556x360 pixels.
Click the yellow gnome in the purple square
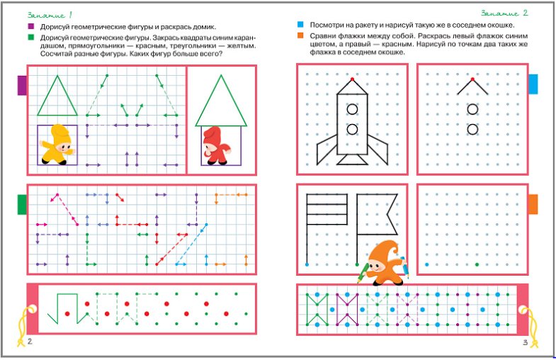click(x=57, y=145)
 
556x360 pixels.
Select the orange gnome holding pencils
click(x=385, y=263)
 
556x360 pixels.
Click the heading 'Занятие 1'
click(x=50, y=15)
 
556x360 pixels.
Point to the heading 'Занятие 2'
click(x=504, y=13)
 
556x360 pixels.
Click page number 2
click(x=30, y=341)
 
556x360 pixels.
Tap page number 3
click(x=525, y=342)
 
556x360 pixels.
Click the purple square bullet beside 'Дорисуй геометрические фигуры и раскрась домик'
click(x=31, y=26)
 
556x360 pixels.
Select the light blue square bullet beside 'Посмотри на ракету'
click(x=300, y=25)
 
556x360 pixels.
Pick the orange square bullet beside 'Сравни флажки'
click(x=300, y=35)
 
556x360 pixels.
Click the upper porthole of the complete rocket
click(x=352, y=109)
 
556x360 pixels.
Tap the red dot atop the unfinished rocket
click(x=472, y=79)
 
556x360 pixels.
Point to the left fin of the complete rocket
click(x=327, y=151)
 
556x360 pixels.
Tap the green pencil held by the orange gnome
click(x=363, y=274)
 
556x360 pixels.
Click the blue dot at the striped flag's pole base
click(x=307, y=264)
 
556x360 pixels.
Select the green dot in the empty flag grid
click(x=477, y=264)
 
